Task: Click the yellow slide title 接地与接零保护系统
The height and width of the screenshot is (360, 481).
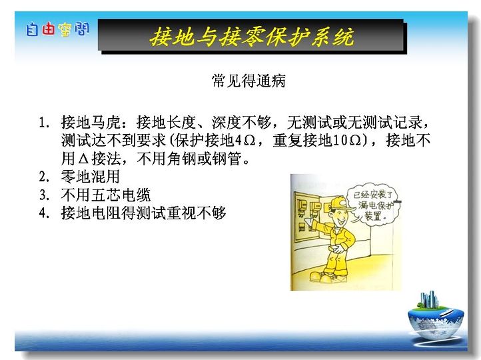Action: [x=252, y=37]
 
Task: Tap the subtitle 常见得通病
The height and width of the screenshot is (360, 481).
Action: [x=248, y=81]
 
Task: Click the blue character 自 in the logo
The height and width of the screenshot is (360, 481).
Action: [x=32, y=29]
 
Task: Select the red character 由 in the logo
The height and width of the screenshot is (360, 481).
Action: [x=48, y=29]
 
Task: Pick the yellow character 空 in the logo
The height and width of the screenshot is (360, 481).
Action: [x=65, y=30]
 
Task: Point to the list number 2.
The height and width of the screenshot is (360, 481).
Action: [x=43, y=177]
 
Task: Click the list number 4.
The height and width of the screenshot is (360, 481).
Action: [x=43, y=213]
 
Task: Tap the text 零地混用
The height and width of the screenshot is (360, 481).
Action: [x=90, y=177]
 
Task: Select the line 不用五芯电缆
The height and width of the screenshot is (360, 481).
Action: [x=105, y=195]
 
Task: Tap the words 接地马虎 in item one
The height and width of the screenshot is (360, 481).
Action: [x=91, y=122]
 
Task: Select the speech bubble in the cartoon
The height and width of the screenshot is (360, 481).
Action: [x=373, y=204]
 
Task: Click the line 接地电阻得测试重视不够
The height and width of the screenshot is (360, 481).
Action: [x=143, y=213]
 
